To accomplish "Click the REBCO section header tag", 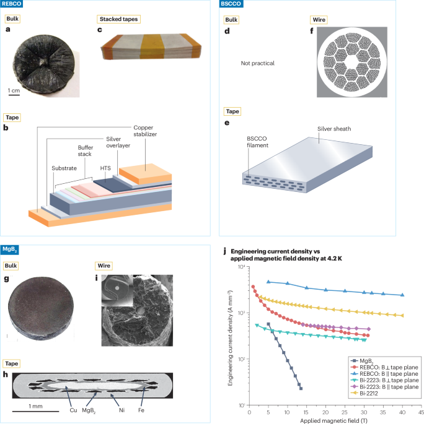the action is (x=12, y=4).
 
